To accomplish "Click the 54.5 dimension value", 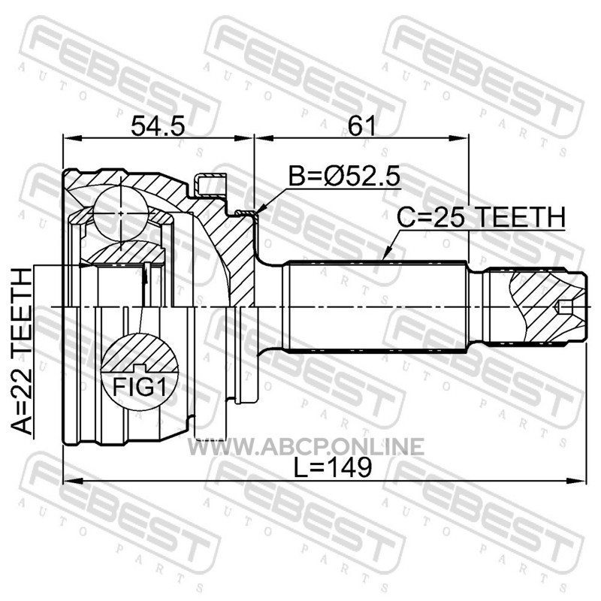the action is pos(158,126).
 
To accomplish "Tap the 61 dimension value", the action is pos(361,126).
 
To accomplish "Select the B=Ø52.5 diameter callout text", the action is pos(344,177).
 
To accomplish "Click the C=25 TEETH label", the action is pos(481,217).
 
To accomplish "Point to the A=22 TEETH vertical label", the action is pos(21,352).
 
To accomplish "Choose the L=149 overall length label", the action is pos(332,467).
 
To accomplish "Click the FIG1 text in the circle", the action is pos(140,388).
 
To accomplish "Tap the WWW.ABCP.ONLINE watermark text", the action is pos(306,446).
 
